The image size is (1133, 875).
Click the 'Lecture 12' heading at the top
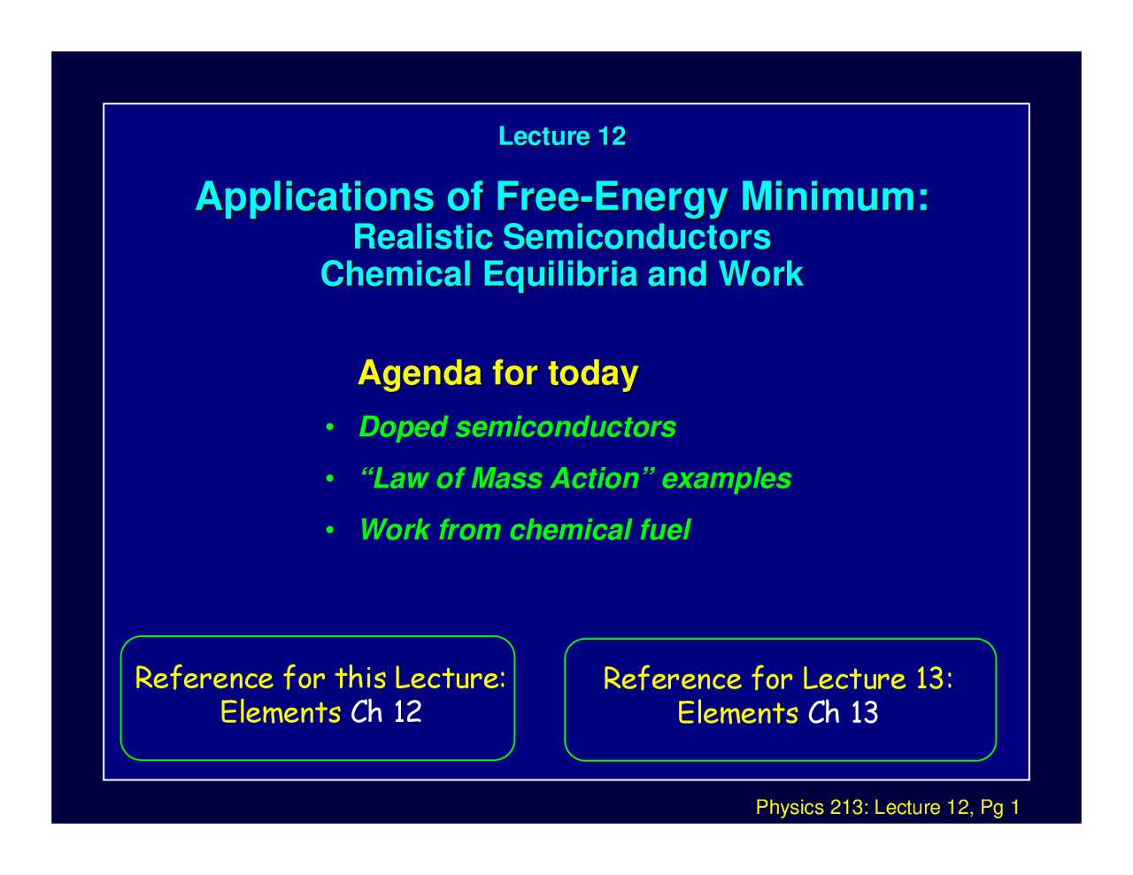[562, 136]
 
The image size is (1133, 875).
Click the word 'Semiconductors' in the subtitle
[636, 237]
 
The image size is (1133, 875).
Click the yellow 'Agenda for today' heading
[497, 372]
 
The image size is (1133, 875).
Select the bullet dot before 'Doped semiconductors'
[328, 428]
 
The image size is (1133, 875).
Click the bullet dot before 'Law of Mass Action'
[328, 480]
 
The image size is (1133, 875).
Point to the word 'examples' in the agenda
[727, 479]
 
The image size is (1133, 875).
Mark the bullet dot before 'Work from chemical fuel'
[328, 531]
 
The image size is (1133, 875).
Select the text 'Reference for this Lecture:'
[320, 679]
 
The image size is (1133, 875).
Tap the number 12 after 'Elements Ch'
[407, 711]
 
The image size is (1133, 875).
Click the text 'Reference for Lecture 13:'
[777, 679]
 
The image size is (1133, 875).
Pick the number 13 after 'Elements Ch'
[864, 712]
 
